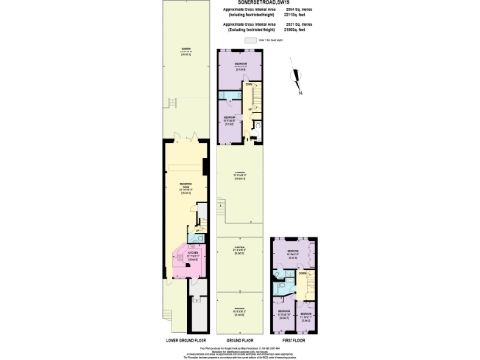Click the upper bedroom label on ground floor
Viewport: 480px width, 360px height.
click(x=240, y=65)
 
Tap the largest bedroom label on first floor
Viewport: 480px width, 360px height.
click(x=292, y=254)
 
